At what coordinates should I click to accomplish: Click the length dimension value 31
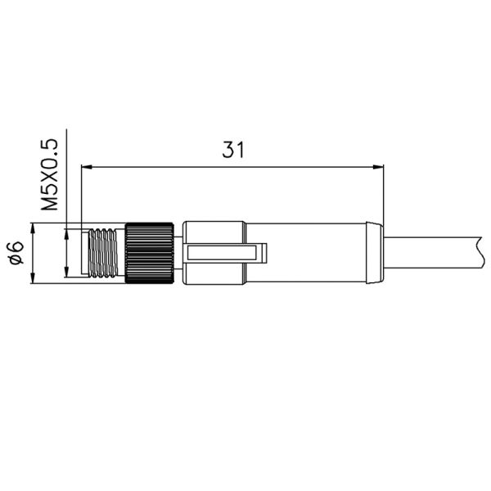point(234,150)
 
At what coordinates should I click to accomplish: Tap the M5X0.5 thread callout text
point(52,174)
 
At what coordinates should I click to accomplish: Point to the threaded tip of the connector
point(102,254)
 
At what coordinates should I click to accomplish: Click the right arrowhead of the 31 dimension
point(378,168)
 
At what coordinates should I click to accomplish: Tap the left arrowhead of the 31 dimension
point(88,168)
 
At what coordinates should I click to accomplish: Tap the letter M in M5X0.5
point(52,204)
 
